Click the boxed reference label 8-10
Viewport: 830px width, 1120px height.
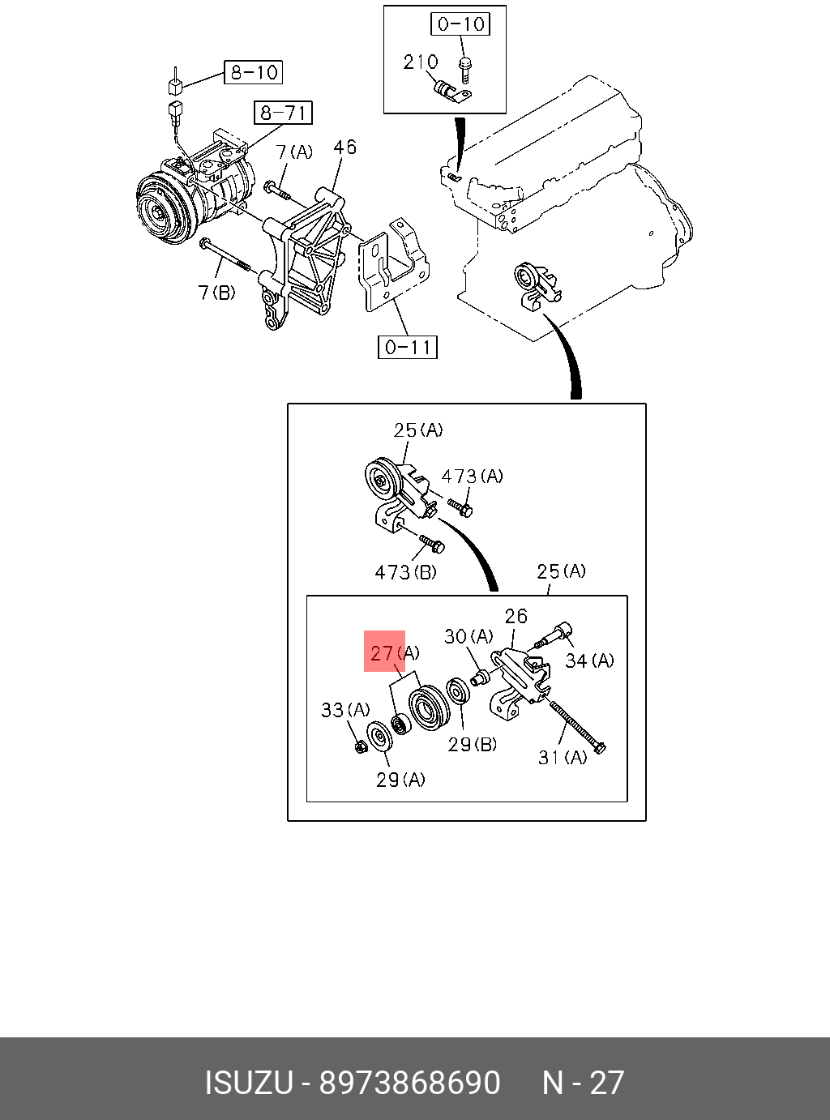[254, 72]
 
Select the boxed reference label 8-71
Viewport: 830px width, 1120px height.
[283, 112]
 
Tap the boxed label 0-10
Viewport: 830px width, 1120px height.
[460, 24]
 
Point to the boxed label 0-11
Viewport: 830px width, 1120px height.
[408, 347]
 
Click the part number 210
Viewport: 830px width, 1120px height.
[421, 62]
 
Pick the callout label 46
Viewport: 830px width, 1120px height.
[344, 147]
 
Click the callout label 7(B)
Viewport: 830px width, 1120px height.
[216, 292]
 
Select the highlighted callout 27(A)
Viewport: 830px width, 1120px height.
[394, 652]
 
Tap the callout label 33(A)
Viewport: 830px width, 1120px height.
[345, 710]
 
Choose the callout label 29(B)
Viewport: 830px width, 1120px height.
[473, 744]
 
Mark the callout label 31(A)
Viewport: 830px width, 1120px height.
[563, 757]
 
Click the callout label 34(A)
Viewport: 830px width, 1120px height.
[589, 660]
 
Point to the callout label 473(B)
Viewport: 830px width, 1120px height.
[405, 572]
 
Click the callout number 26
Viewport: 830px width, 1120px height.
[516, 616]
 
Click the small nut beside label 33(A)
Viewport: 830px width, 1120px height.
[362, 746]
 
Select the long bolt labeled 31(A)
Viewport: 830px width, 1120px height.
[577, 726]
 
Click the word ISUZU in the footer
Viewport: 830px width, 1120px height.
[248, 1083]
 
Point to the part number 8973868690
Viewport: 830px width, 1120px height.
[409, 1083]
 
